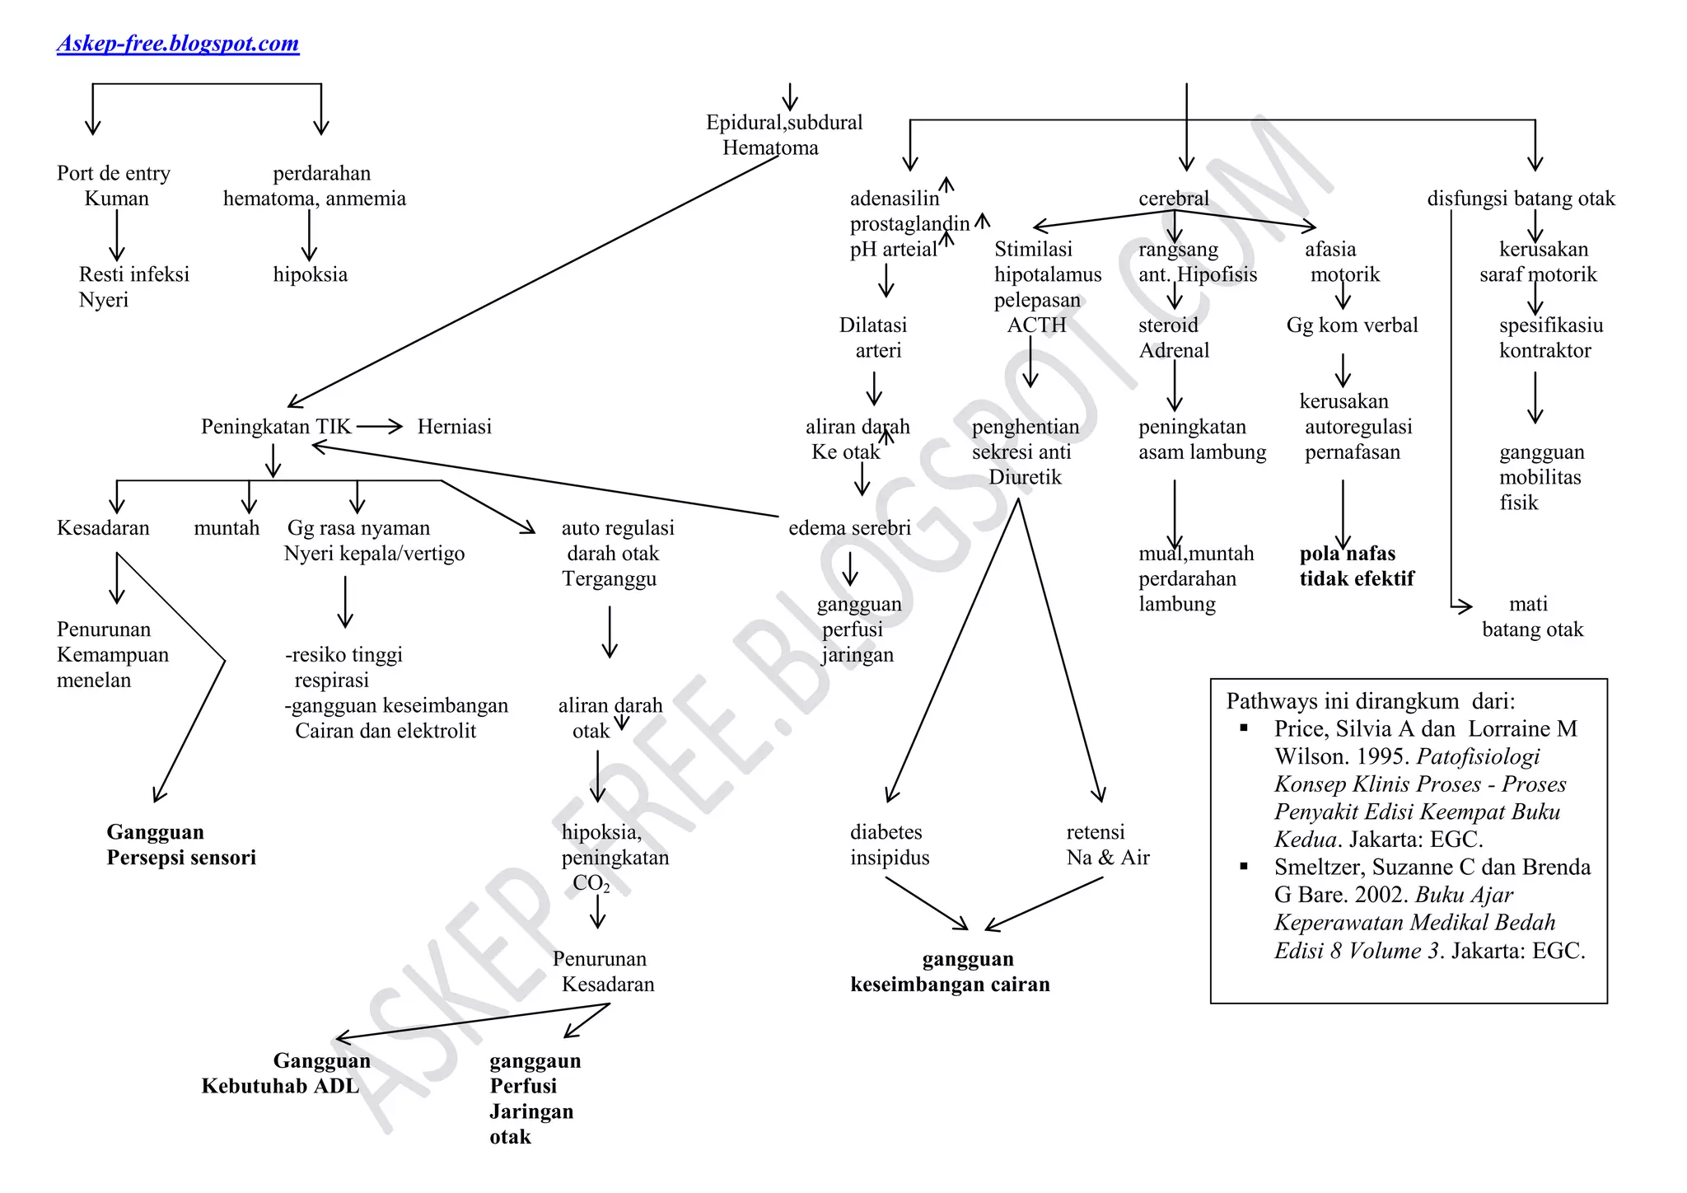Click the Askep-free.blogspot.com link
[x=178, y=43]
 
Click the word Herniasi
[x=454, y=427]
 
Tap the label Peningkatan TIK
[x=275, y=427]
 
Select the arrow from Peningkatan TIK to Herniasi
[x=380, y=426]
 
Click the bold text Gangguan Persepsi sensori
[x=180, y=844]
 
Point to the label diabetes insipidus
[x=889, y=844]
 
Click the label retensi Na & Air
[x=1106, y=844]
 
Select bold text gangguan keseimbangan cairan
[x=950, y=971]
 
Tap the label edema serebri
[x=849, y=528]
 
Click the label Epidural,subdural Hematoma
[x=783, y=135]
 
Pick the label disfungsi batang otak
[x=1521, y=199]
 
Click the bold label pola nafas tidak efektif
[x=1356, y=566]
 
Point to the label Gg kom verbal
[x=1352, y=325]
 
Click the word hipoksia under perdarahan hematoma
[x=310, y=274]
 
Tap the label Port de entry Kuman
[x=114, y=185]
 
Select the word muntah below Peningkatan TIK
[x=227, y=528]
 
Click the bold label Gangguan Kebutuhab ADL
[x=286, y=1073]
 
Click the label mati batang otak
[x=1531, y=616]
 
